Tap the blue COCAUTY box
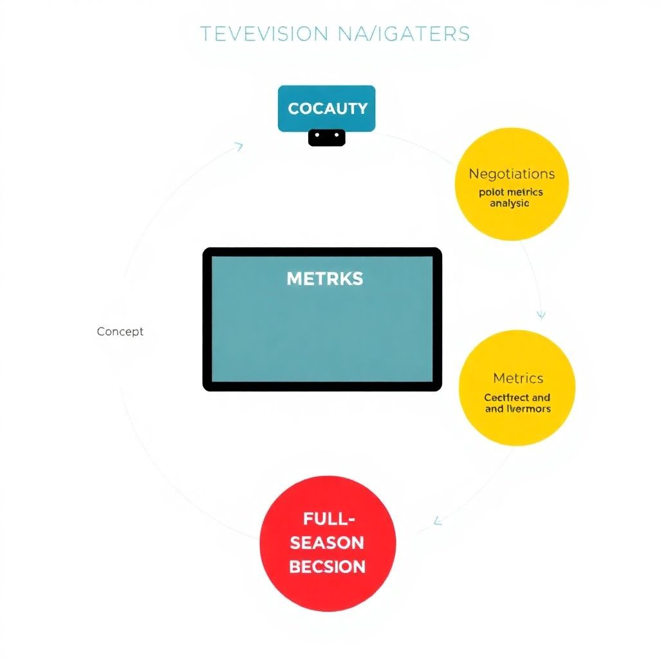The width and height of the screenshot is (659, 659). tap(326, 108)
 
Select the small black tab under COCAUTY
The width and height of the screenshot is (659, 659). tap(326, 137)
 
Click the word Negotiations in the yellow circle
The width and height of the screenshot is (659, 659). tap(512, 174)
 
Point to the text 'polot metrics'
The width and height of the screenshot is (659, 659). tap(511, 192)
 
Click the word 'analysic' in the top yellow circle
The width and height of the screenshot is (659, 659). tap(510, 203)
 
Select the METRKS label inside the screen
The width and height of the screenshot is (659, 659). tap(324, 279)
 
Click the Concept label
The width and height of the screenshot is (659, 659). tap(120, 331)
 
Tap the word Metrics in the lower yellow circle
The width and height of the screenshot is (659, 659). tap(518, 378)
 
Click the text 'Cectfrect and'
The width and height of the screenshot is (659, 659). tap(517, 398)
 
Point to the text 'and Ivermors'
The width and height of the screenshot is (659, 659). tap(517, 409)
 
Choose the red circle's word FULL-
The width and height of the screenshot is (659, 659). tap(327, 518)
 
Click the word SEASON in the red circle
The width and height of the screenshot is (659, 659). tap(327, 542)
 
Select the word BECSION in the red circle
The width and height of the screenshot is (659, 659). tap(327, 566)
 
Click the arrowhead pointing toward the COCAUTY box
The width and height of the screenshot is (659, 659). tap(239, 147)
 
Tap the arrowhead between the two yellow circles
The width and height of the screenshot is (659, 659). tap(541, 315)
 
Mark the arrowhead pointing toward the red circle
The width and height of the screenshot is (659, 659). tap(438, 520)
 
